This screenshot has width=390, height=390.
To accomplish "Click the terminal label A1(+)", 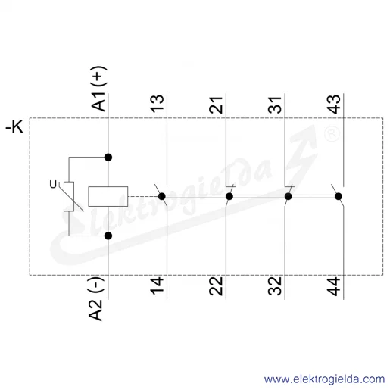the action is click(x=98, y=89).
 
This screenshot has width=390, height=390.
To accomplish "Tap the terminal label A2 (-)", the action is click(x=96, y=298).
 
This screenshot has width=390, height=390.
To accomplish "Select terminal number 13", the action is click(x=157, y=104).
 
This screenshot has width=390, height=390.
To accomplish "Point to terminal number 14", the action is click(x=157, y=285).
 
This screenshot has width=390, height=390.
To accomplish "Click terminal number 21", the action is click(x=216, y=105).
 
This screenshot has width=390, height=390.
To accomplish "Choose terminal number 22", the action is click(x=216, y=286).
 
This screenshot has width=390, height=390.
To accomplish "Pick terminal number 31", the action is click(x=275, y=105).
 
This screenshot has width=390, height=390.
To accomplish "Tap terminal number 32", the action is click(x=275, y=286).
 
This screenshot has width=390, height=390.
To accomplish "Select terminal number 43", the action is click(x=334, y=104).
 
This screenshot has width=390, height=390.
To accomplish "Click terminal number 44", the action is click(x=334, y=286).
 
